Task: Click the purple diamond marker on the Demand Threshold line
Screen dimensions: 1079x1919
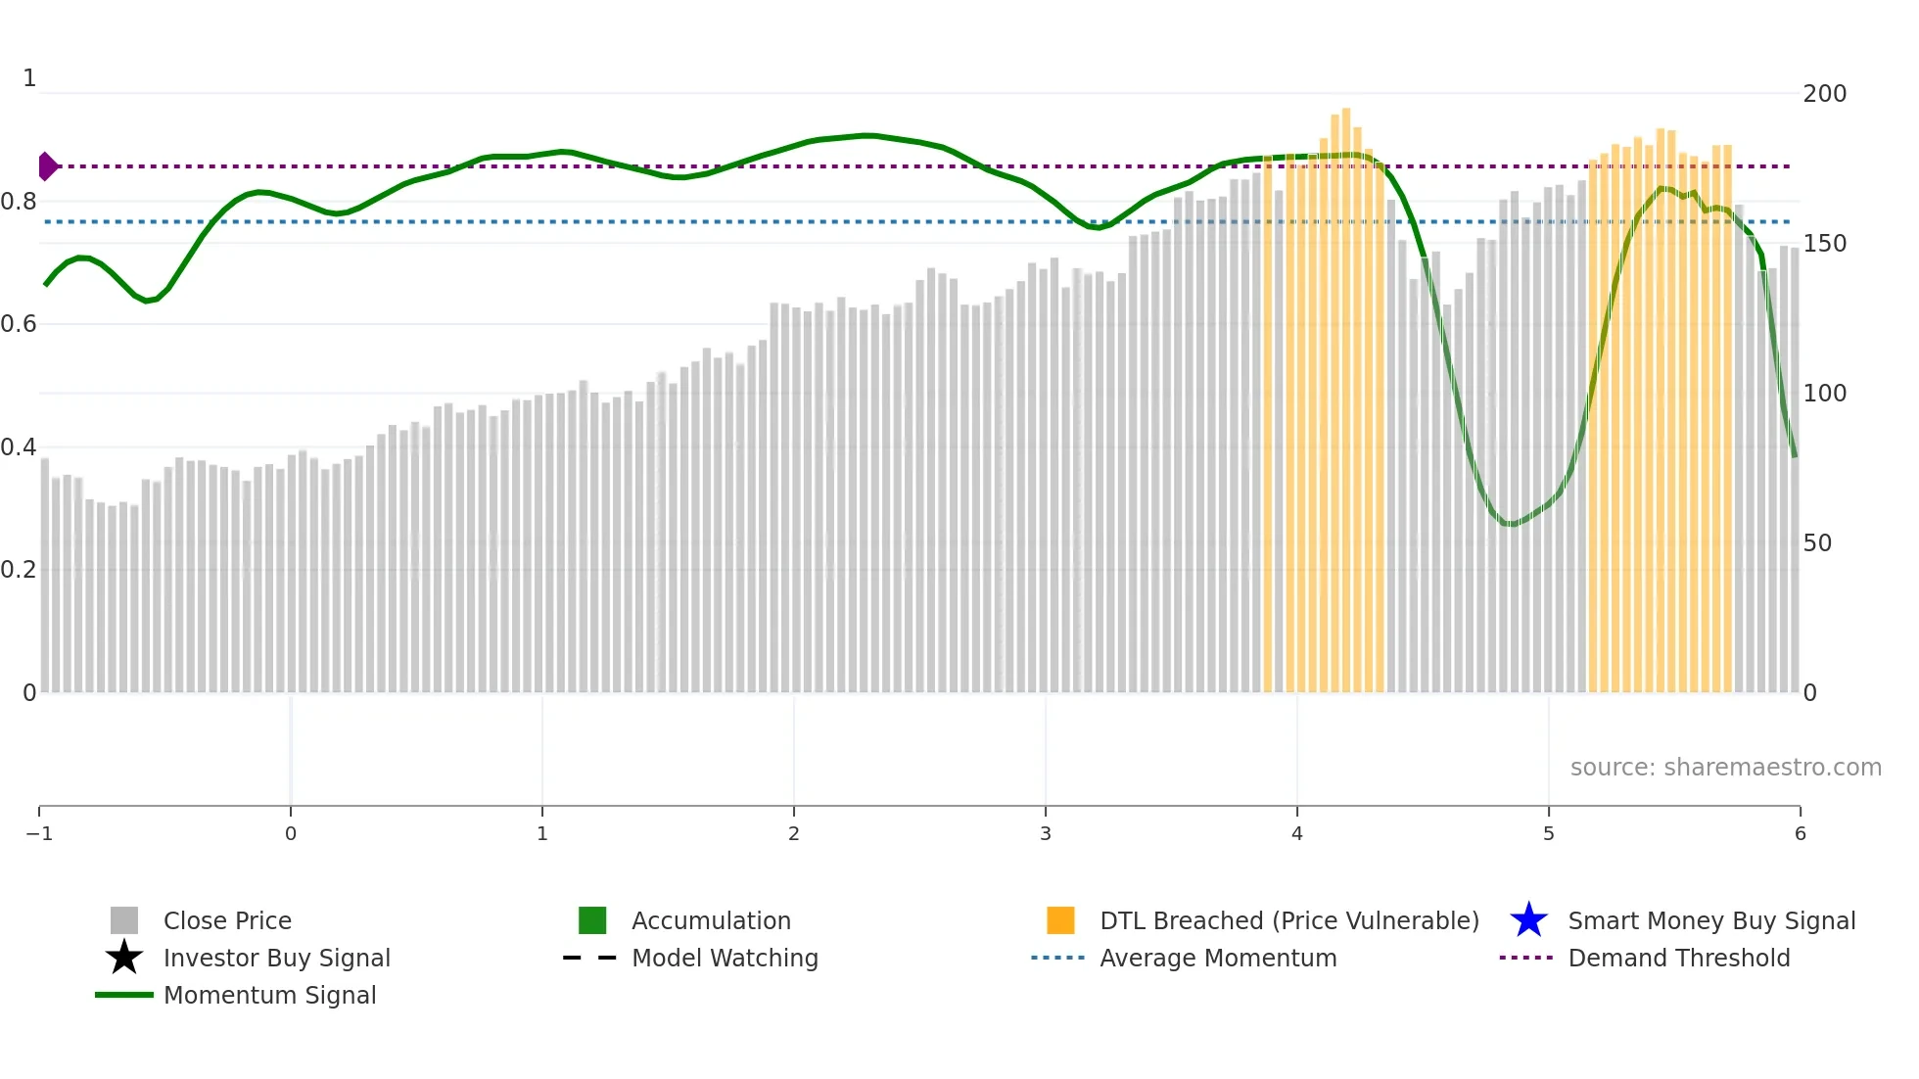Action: pyautogui.click(x=47, y=166)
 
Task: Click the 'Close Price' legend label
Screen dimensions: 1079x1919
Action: pyautogui.click(x=227, y=921)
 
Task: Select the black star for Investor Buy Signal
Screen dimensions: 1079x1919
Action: pyautogui.click(x=124, y=958)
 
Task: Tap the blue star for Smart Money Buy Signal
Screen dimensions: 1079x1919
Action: pyautogui.click(x=1528, y=920)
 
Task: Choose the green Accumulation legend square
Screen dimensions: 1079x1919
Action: pyautogui.click(x=592, y=920)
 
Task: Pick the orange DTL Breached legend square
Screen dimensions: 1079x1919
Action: pyautogui.click(x=1060, y=920)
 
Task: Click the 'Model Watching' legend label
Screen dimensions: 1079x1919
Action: pyautogui.click(x=725, y=959)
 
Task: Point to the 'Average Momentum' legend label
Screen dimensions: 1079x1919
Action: pyautogui.click(x=1218, y=959)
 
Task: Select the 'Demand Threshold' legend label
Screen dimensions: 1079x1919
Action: pyautogui.click(x=1678, y=959)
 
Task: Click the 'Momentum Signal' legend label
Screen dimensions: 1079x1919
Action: pyautogui.click(x=269, y=996)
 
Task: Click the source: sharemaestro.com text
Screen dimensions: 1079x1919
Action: pyautogui.click(x=1725, y=768)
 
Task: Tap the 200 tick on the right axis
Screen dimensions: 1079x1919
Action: pyautogui.click(x=1824, y=94)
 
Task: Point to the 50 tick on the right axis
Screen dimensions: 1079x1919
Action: pyautogui.click(x=1817, y=543)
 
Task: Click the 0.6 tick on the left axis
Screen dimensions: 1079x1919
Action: pyautogui.click(x=19, y=324)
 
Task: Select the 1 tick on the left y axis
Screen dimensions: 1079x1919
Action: pyautogui.click(x=29, y=78)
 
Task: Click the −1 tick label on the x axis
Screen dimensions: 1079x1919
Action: pyautogui.click(x=39, y=834)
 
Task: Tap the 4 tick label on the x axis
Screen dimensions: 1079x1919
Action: pyautogui.click(x=1297, y=834)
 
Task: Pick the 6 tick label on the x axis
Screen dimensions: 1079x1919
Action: pyautogui.click(x=1800, y=834)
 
